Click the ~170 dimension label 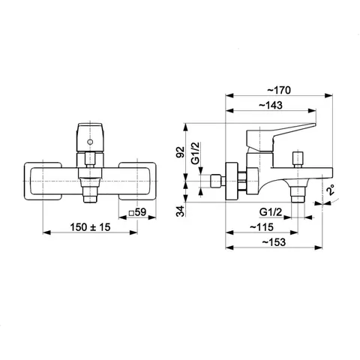pyautogui.click(x=279, y=90)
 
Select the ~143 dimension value pyautogui.click(x=271, y=105)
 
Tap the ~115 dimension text pyautogui.click(x=262, y=227)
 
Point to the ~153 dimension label pyautogui.click(x=274, y=242)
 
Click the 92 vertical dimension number pyautogui.click(x=180, y=151)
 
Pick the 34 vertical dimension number pyautogui.click(x=180, y=211)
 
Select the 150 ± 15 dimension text pyautogui.click(x=90, y=227)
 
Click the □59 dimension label pyautogui.click(x=137, y=212)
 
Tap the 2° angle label pyautogui.click(x=331, y=190)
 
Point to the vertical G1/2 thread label pyautogui.click(x=196, y=153)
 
